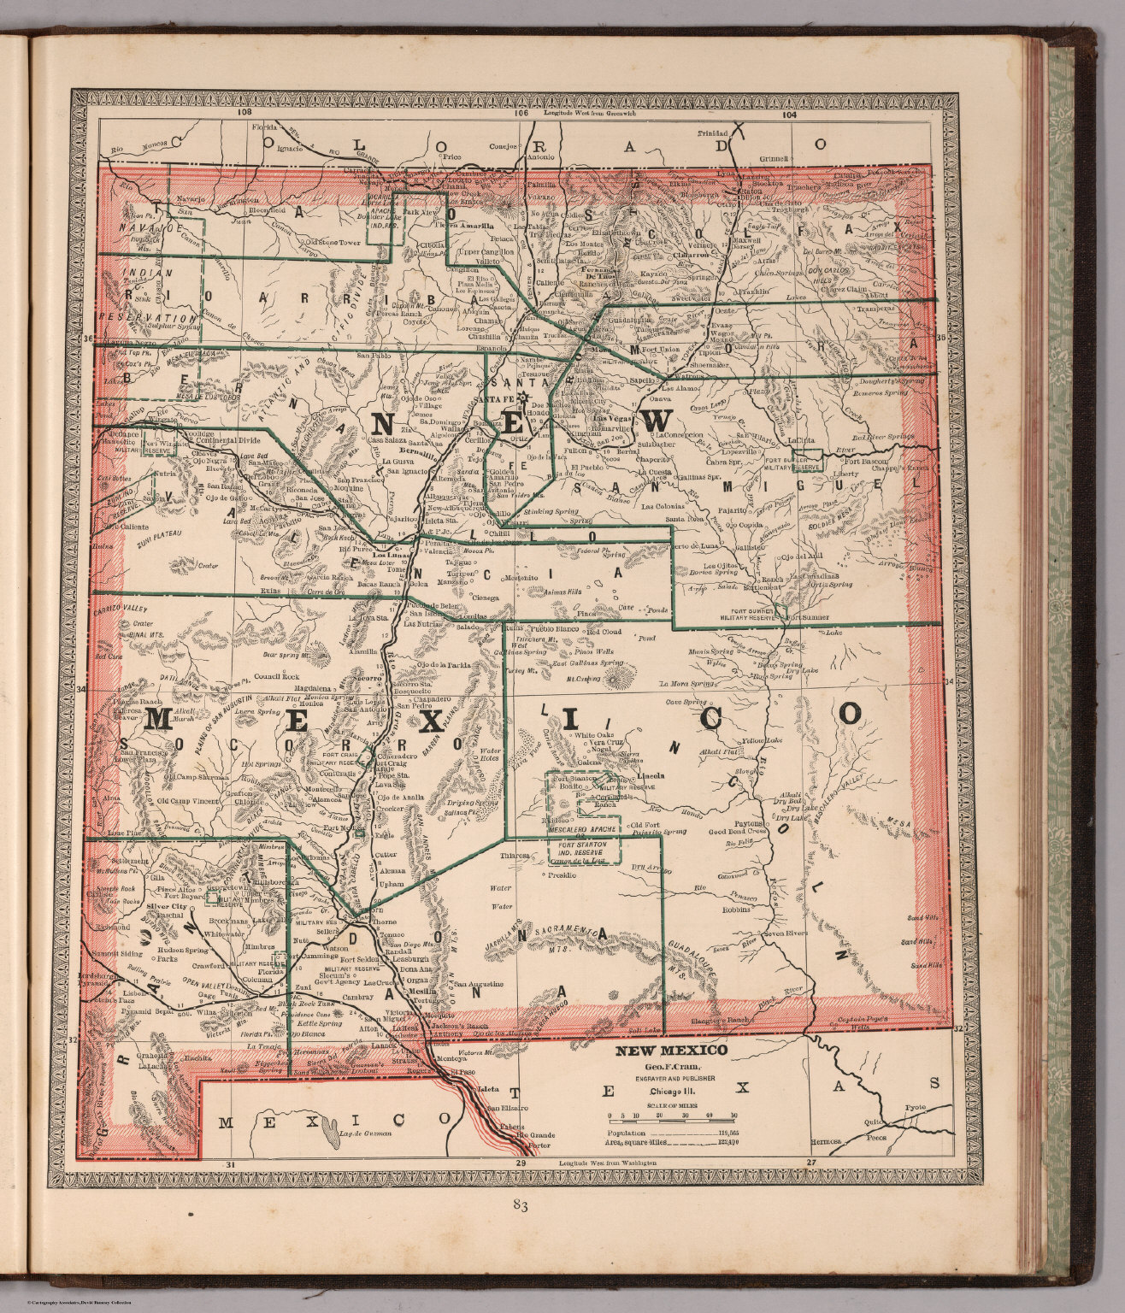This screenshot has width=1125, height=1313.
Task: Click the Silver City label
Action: tap(167, 906)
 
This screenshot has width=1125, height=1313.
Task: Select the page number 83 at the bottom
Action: tap(519, 1206)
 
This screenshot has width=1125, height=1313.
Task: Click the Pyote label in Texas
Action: tap(915, 1107)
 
